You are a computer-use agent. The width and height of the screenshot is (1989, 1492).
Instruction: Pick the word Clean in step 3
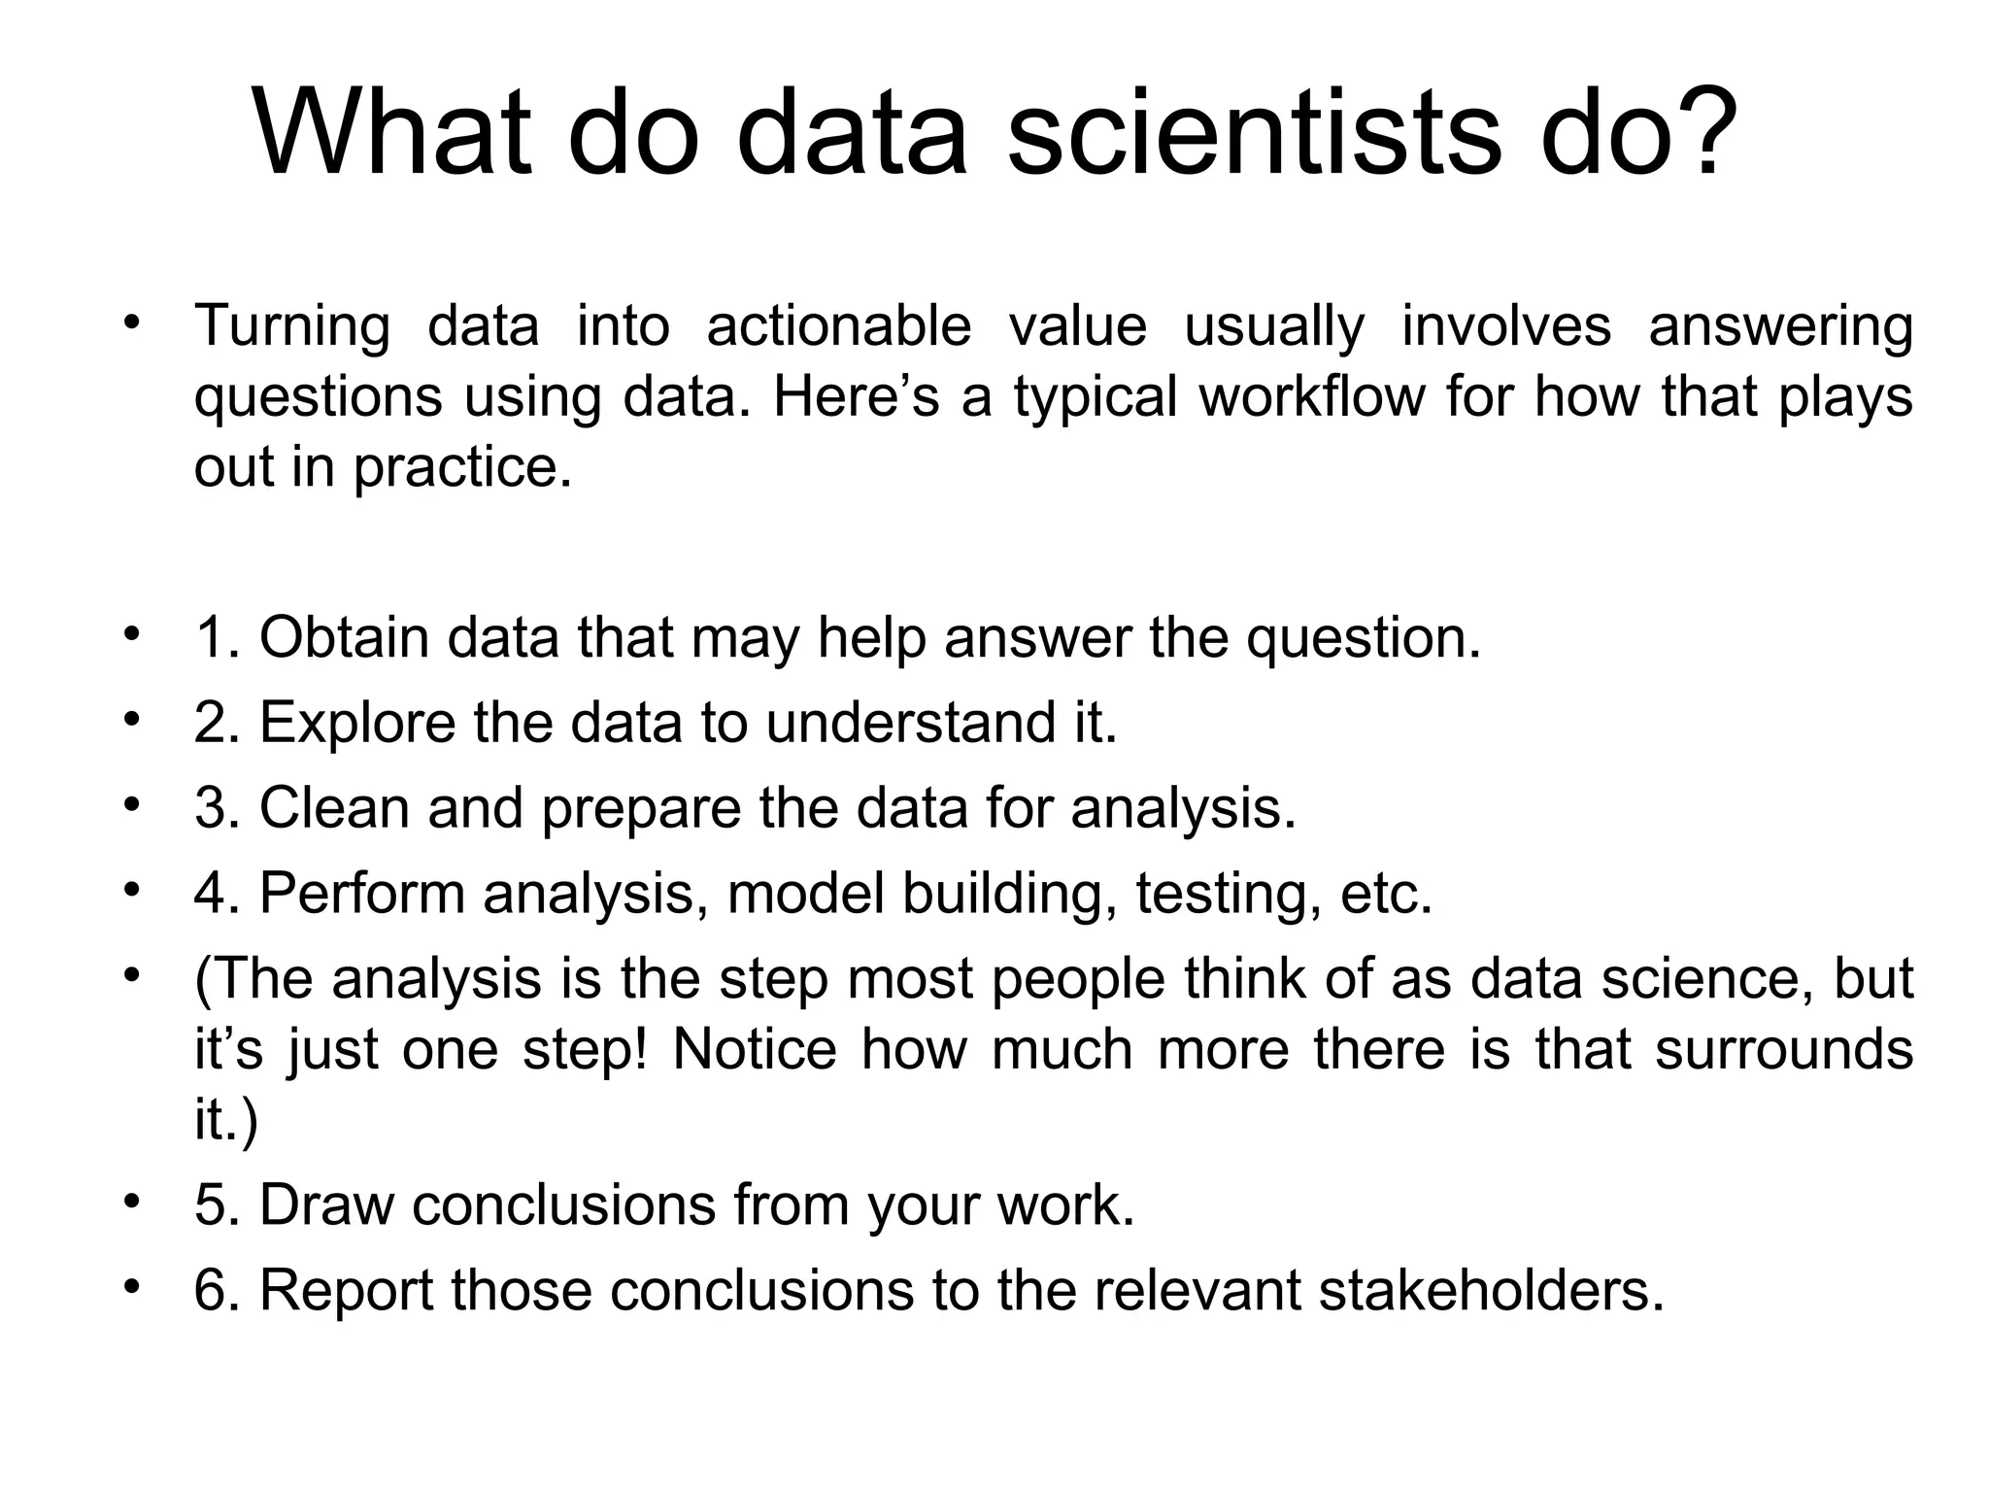334,807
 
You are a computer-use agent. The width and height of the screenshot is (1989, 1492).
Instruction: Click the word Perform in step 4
362,893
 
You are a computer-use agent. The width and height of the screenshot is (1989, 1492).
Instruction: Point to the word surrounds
1784,1049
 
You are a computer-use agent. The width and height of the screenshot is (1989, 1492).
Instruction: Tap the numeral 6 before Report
210,1290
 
